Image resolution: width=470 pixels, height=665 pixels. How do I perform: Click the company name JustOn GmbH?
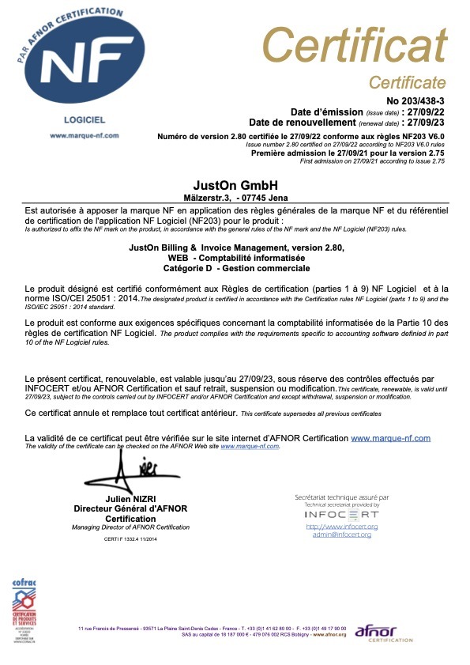point(235,184)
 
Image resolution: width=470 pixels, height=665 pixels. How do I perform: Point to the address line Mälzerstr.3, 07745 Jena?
point(235,197)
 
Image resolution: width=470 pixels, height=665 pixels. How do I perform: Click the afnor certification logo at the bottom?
point(384,632)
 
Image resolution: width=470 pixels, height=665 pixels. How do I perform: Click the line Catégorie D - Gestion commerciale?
point(235,269)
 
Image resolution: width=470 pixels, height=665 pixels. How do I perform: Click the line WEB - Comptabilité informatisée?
point(235,259)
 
